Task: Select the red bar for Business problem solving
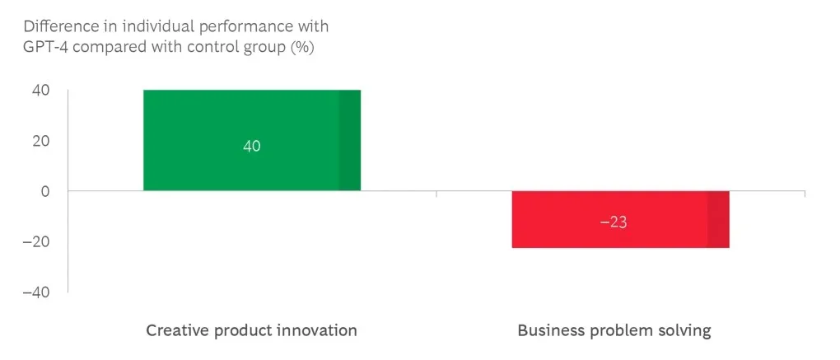point(609,235)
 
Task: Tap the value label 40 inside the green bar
point(252,146)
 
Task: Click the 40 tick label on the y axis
point(41,91)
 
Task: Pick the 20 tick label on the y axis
point(41,141)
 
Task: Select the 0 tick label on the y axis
point(45,191)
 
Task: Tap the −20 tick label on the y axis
point(37,242)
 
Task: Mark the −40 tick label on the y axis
point(37,292)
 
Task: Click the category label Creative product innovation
point(251,330)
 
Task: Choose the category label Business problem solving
point(614,330)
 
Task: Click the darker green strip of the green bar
point(350,140)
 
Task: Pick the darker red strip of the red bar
point(718,219)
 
